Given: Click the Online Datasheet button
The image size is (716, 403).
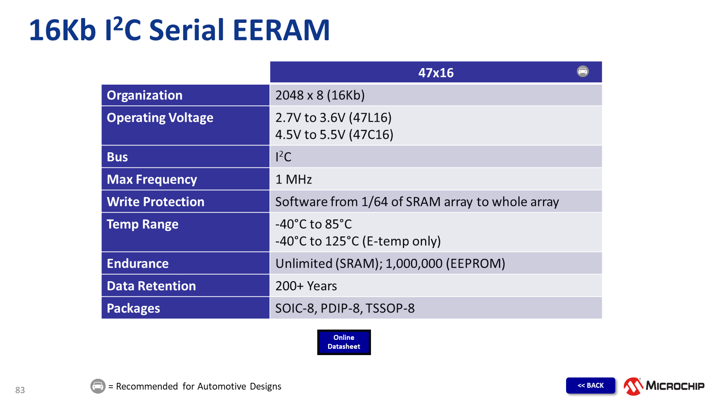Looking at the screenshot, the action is [x=344, y=342].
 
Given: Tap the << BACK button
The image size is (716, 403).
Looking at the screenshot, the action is [x=590, y=386].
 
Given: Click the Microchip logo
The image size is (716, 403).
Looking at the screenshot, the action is [x=664, y=386].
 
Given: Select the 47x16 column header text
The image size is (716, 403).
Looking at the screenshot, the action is [x=436, y=73].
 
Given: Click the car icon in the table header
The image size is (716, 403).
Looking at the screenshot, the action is [x=583, y=71].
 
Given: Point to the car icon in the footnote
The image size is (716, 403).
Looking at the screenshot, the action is [x=98, y=386].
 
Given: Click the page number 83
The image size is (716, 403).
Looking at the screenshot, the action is [x=20, y=390].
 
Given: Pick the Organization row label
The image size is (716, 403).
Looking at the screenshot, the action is [x=145, y=95].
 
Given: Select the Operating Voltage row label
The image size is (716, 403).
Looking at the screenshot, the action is [x=160, y=118].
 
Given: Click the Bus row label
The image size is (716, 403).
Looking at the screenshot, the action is [x=117, y=157].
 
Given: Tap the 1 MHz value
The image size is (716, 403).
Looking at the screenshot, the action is [x=294, y=180].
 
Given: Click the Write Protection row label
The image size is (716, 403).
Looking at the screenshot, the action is [x=155, y=202].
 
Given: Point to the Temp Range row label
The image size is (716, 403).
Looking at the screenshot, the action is [x=142, y=224].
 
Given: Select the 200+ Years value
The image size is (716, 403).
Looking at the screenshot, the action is [x=306, y=286].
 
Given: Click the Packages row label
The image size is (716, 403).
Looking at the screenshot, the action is [x=133, y=309].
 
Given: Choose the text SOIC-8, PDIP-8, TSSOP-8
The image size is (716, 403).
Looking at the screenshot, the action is [x=345, y=309].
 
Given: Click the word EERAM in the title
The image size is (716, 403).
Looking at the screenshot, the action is [x=281, y=30].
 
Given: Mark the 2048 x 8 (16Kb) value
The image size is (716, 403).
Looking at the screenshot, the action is [x=320, y=95].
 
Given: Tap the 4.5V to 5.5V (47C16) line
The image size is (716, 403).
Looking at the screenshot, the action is [x=334, y=135].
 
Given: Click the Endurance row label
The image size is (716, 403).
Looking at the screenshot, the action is [x=137, y=264].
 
